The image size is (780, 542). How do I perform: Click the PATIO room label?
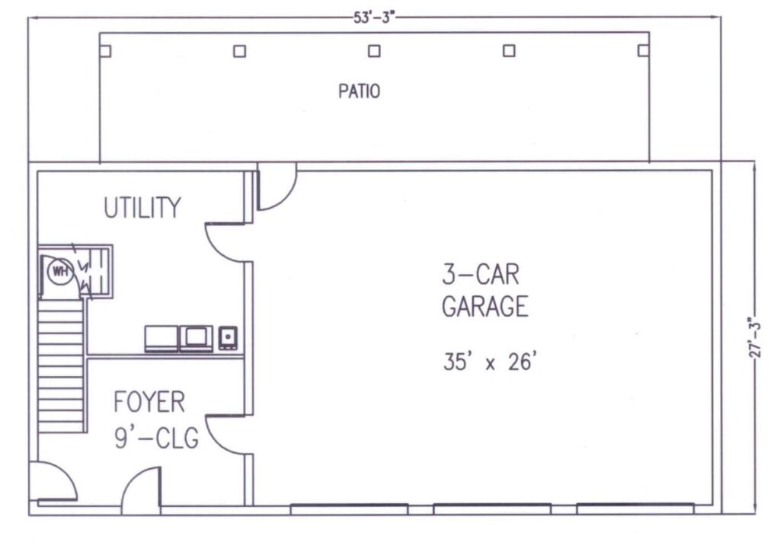(x=360, y=91)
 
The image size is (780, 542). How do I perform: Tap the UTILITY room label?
(x=142, y=207)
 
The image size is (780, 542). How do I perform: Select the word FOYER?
(x=149, y=402)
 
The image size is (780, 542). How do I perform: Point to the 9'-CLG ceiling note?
(x=157, y=438)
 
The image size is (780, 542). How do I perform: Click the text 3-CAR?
(x=481, y=275)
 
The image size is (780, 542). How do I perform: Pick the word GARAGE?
(x=485, y=306)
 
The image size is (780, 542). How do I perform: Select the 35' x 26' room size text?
(x=490, y=361)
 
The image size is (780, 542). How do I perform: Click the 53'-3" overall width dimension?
(x=374, y=18)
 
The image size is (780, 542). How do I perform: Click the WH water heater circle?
(x=60, y=272)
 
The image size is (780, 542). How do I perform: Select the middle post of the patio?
(x=374, y=51)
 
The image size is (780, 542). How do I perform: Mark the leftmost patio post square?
(x=105, y=51)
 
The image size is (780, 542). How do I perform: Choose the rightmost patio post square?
(x=644, y=50)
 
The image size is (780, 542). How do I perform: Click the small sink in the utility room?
(x=228, y=338)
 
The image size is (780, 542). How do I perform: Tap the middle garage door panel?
(x=492, y=509)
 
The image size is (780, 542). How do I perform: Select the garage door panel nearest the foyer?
(x=349, y=509)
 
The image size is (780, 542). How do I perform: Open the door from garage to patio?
(x=276, y=187)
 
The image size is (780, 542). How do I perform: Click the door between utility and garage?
(x=226, y=242)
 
